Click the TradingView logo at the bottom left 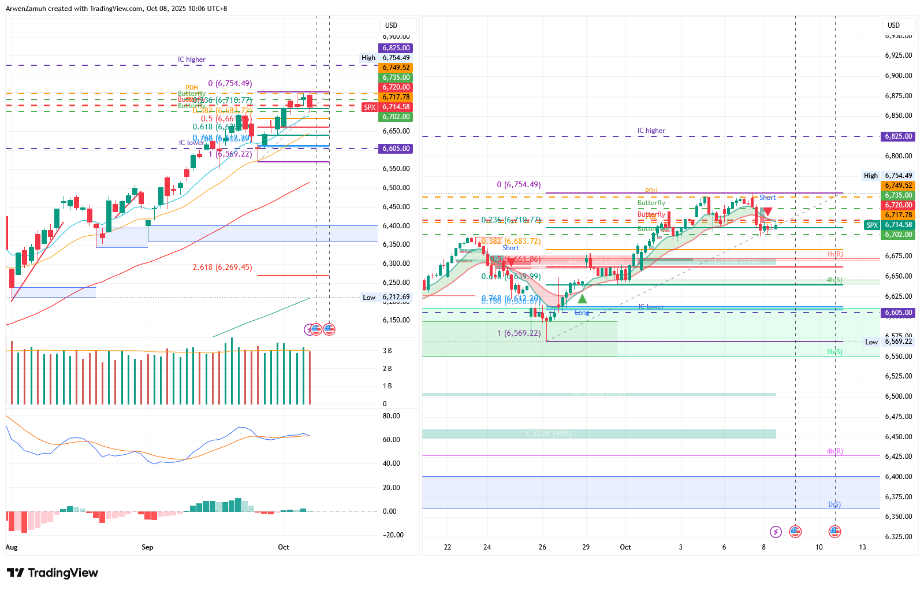click(x=53, y=573)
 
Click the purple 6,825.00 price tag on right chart click(x=898, y=136)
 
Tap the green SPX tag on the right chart click(x=871, y=225)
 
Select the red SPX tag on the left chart click(x=370, y=107)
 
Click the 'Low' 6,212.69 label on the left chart click(x=369, y=298)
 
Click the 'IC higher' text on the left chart click(x=191, y=60)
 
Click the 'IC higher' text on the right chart click(x=651, y=131)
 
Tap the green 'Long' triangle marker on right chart click(x=582, y=299)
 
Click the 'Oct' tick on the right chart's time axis click(x=625, y=547)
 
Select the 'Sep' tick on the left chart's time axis click(x=147, y=547)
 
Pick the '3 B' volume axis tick click(x=387, y=351)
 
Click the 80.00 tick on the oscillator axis click(x=391, y=416)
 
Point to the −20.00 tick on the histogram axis click(x=393, y=535)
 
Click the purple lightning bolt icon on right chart click(x=776, y=532)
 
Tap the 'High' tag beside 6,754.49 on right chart click(x=870, y=176)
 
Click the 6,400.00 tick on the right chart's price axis click(x=898, y=477)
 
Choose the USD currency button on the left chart click(x=392, y=25)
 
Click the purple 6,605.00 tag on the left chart click(x=396, y=149)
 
